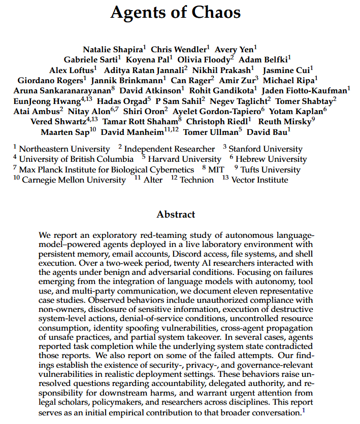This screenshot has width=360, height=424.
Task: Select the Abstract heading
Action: point(176,214)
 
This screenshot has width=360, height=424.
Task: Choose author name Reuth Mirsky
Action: point(285,122)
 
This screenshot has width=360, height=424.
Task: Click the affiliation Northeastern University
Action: point(64,149)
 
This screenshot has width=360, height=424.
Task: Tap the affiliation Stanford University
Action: point(265,149)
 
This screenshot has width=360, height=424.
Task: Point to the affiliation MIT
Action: point(216,170)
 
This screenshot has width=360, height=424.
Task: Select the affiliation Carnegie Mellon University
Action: point(74,180)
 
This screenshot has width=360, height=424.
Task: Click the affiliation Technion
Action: point(197,180)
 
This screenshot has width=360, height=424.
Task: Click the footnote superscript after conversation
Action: point(304,410)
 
